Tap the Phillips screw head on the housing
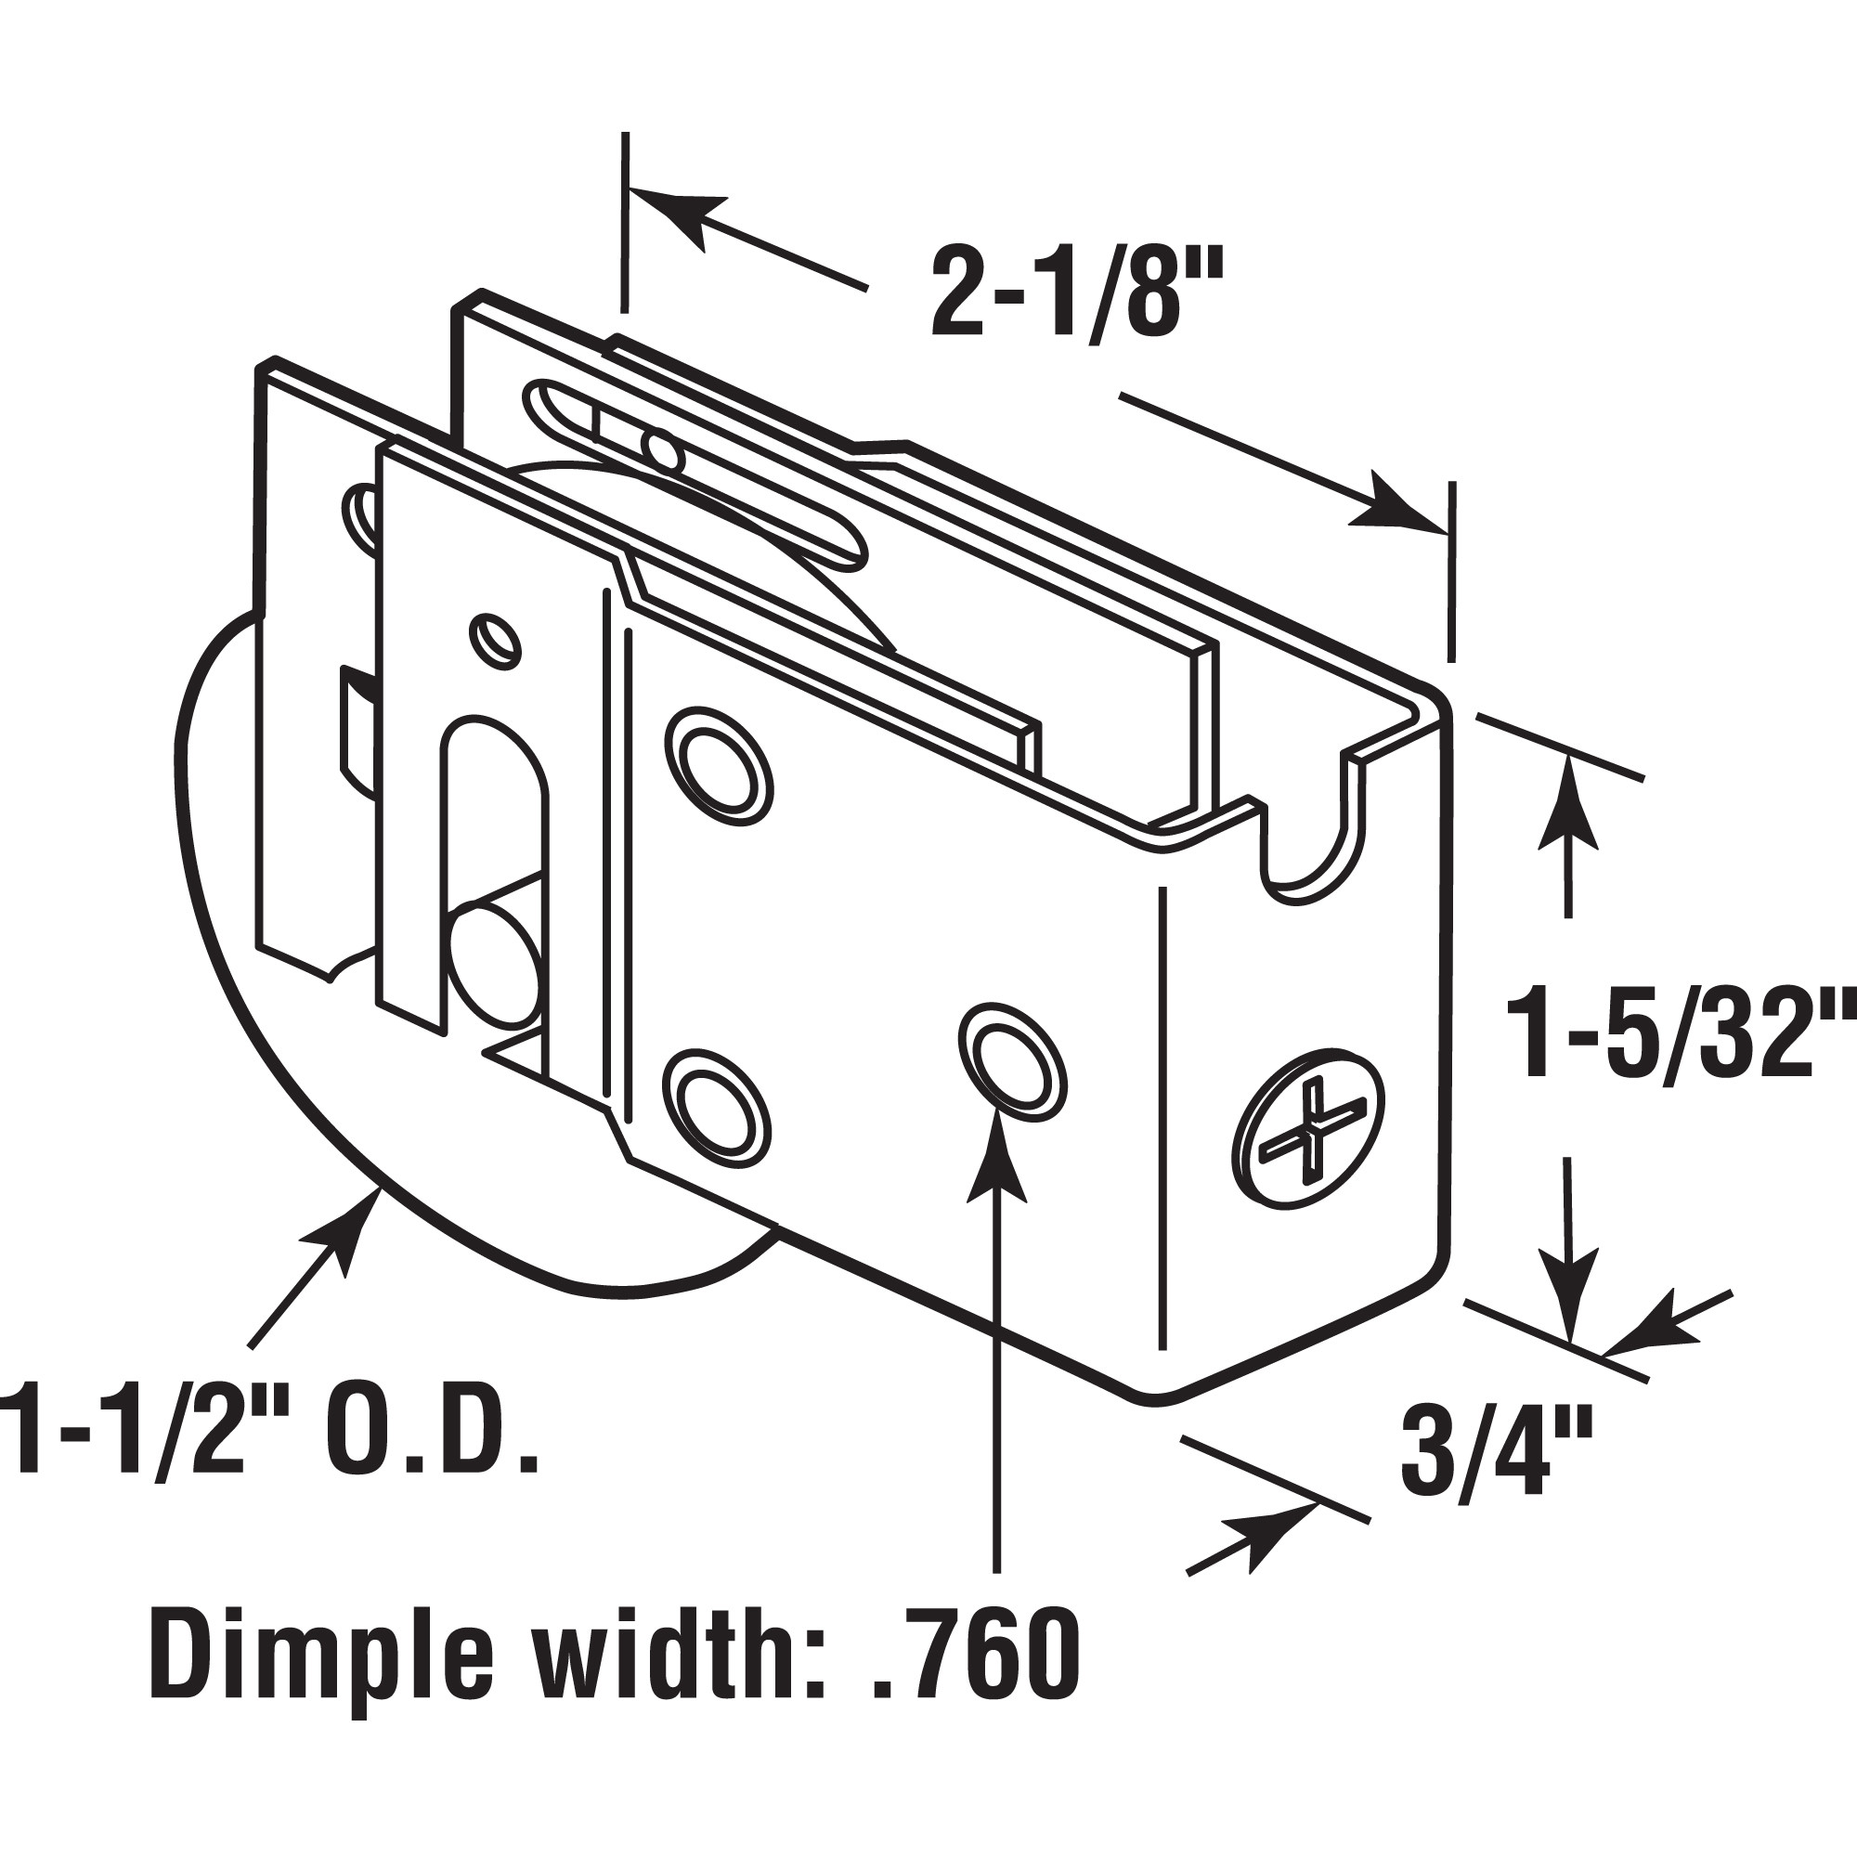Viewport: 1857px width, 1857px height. pos(1310,1139)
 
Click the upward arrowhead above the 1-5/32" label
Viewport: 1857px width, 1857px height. pos(1567,803)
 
